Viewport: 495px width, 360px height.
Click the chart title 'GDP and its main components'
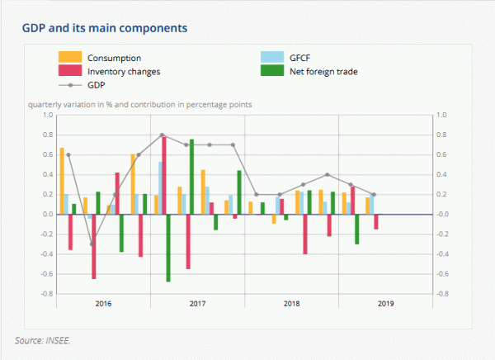coord(104,28)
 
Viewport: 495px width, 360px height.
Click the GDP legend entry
coord(97,84)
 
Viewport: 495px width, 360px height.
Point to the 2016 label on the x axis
coord(104,304)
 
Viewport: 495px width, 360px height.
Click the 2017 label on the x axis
coord(198,304)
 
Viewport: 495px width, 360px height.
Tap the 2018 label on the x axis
coord(292,304)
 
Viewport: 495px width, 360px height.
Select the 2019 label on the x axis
coord(386,304)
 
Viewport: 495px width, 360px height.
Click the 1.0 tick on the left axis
coord(47,115)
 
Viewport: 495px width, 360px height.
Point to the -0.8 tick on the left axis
coord(45,294)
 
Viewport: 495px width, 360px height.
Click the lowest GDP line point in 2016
coord(92,244)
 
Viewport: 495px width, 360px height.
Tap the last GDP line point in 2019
coord(374,195)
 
